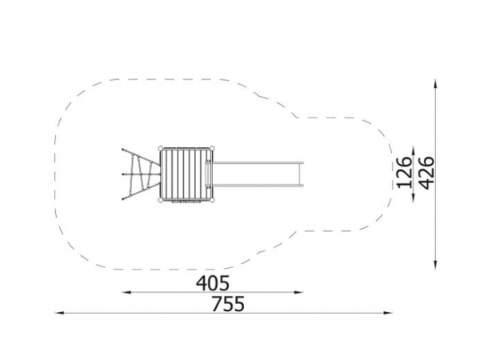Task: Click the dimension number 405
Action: click(x=213, y=283)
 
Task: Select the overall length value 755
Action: click(x=228, y=304)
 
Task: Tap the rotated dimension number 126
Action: click(x=404, y=172)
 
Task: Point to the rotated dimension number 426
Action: click(x=426, y=173)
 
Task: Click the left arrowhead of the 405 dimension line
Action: click(x=126, y=292)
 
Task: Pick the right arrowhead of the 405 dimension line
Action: click(x=298, y=292)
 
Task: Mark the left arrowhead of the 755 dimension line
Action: click(x=59, y=313)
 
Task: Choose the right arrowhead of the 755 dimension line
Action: click(x=388, y=313)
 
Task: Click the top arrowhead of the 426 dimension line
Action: click(x=435, y=83)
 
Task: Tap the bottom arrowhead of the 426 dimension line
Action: click(x=435, y=265)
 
